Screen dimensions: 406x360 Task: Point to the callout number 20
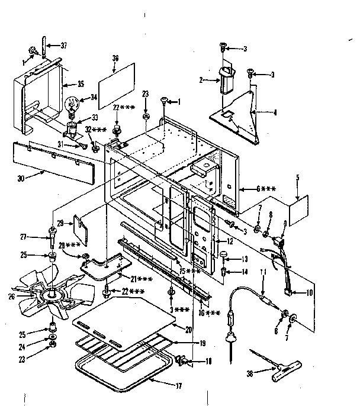[189, 330]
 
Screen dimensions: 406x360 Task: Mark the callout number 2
[201, 79]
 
